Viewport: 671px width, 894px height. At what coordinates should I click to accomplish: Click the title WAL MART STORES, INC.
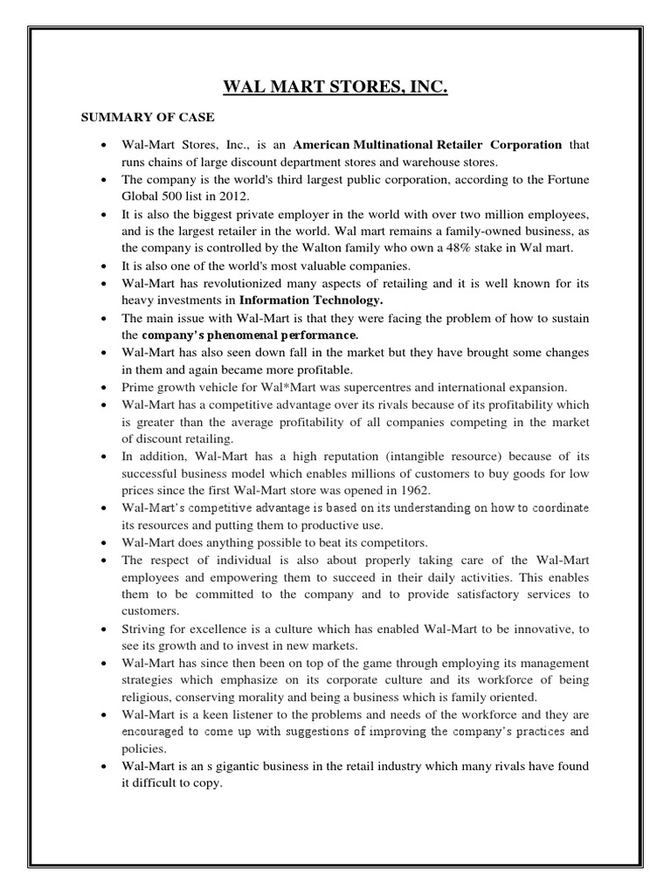tap(335, 87)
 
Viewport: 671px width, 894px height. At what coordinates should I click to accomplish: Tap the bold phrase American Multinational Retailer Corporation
tap(427, 144)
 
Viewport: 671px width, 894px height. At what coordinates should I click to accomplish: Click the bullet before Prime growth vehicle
tap(105, 387)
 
